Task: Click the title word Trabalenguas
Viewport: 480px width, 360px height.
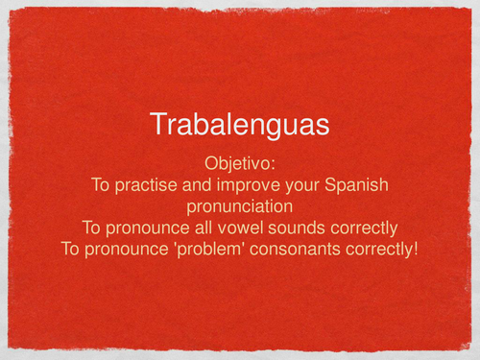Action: (x=239, y=124)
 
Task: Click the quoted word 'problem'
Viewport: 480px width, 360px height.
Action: (x=244, y=252)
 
